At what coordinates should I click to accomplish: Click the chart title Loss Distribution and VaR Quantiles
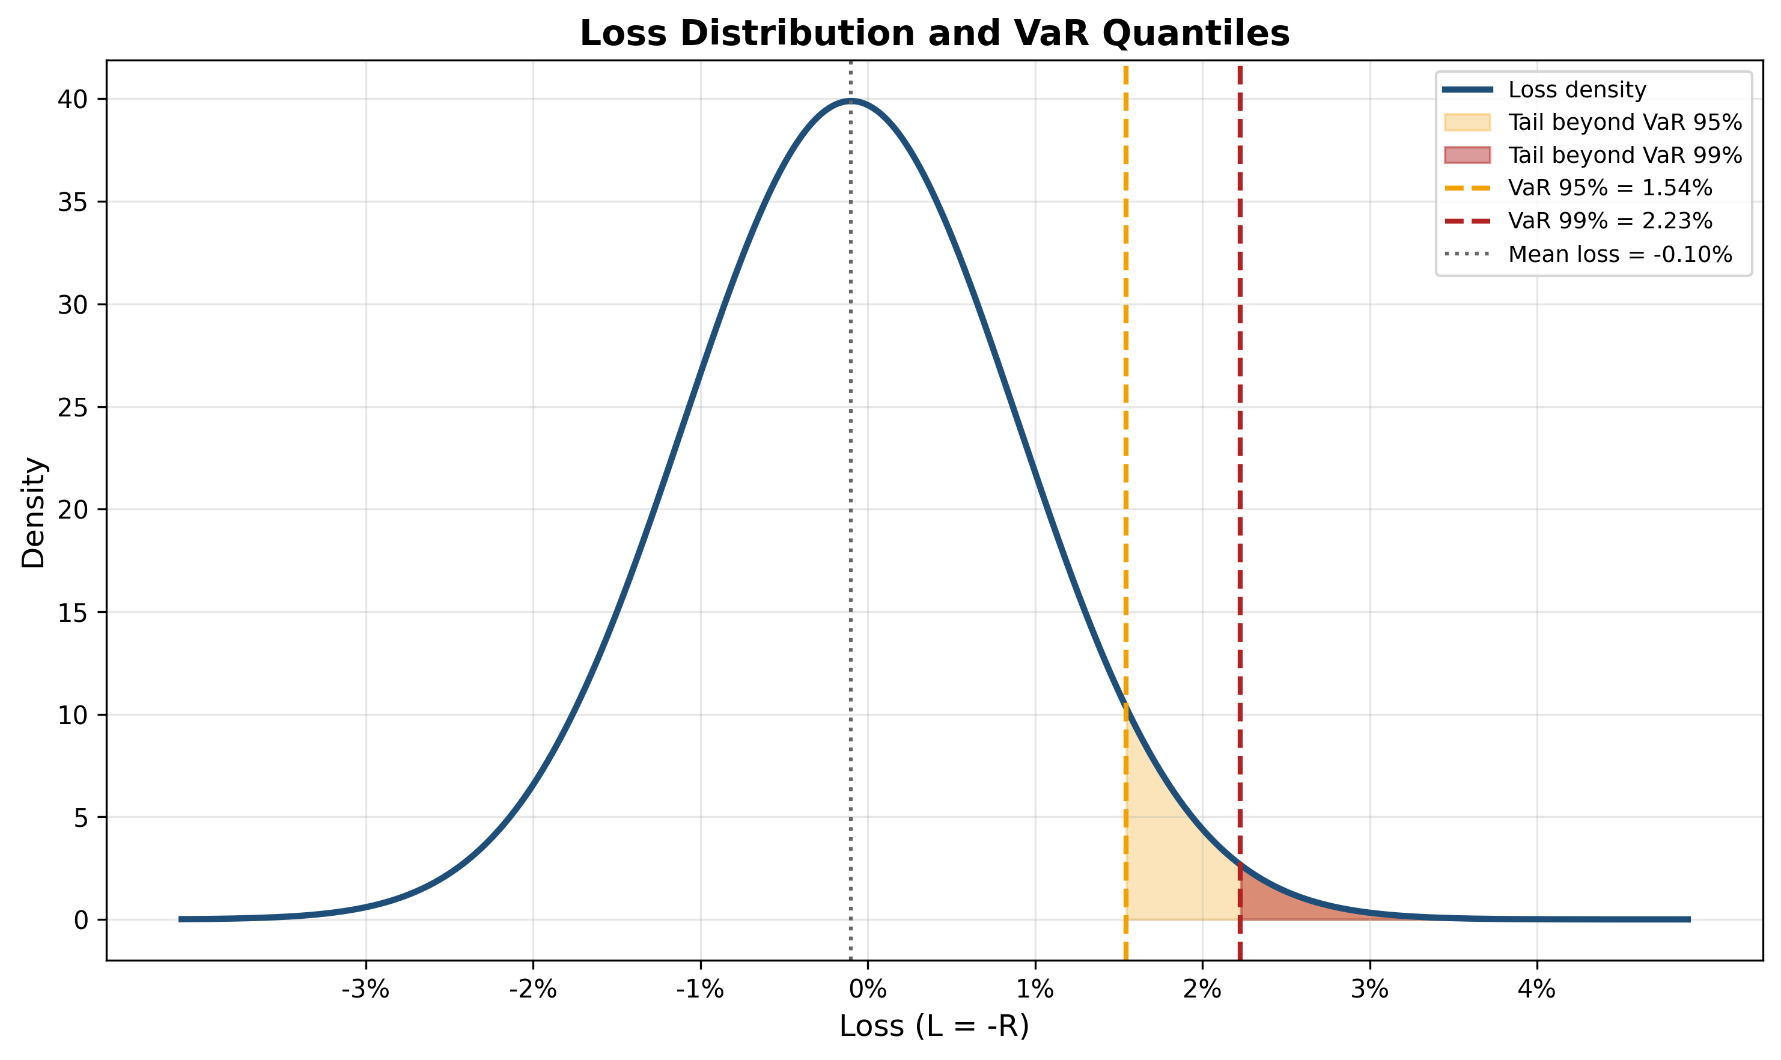pos(934,34)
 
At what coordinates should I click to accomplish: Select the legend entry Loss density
pos(1577,90)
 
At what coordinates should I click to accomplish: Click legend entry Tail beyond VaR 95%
pos(1625,123)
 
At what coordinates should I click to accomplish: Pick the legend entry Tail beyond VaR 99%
pos(1625,156)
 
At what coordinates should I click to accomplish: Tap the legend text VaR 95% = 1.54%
pos(1610,189)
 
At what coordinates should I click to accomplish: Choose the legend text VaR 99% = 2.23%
pos(1610,221)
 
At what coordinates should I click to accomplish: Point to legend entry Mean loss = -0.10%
pos(1619,255)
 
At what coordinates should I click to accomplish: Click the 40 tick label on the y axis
pos(72,99)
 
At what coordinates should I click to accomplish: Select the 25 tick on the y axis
pos(72,408)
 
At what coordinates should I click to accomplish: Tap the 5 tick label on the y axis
pos(81,818)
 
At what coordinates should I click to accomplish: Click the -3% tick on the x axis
pos(365,990)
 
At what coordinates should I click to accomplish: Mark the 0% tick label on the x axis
pos(868,990)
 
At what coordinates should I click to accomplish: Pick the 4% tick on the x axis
pos(1537,990)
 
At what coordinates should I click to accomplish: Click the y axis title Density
pos(34,513)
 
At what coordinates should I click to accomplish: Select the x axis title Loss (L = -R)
pos(934,1026)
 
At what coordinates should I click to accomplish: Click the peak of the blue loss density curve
pos(850,101)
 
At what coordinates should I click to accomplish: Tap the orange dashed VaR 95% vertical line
pos(1125,428)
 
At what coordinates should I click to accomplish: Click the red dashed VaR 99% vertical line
pos(1240,428)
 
